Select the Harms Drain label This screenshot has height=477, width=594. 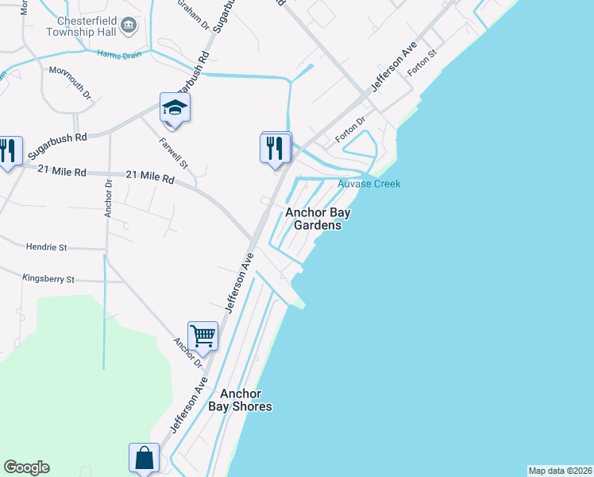118,54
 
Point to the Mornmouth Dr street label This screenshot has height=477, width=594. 71,83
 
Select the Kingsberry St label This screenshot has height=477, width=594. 48,279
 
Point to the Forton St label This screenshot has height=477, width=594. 422,64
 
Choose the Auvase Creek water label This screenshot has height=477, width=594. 369,184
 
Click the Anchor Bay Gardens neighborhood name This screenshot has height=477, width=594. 318,219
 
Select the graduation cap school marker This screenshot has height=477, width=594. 175,107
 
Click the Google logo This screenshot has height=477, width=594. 26,467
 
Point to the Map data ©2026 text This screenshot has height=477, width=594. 560,471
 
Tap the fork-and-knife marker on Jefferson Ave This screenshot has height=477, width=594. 276,147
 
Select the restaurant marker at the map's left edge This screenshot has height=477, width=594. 8,151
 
